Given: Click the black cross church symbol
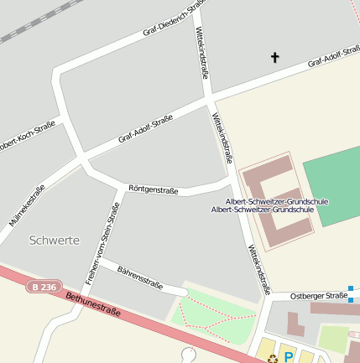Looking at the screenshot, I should point(274,57).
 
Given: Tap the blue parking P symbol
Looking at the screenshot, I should point(289,357).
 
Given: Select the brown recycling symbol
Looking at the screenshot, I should point(273,359).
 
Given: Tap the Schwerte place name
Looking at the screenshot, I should point(54,241).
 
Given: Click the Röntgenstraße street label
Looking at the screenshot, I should point(153,189).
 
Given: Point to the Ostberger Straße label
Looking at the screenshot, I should point(318,296).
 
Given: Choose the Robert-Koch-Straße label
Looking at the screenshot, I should point(25,135).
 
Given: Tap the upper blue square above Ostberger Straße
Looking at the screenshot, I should point(351,288).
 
